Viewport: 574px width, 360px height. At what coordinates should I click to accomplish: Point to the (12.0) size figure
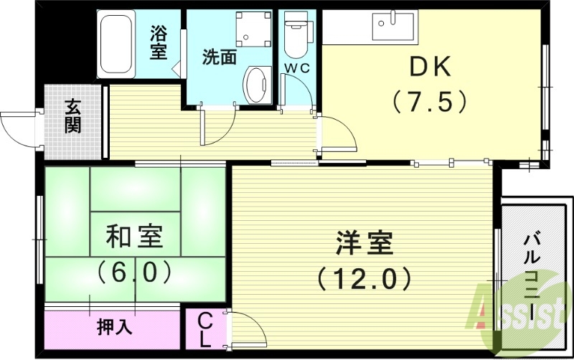364,277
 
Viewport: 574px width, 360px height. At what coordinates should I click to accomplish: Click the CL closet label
204,329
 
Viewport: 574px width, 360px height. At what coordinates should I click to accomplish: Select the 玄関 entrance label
72,116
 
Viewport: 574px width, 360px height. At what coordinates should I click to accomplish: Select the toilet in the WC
295,37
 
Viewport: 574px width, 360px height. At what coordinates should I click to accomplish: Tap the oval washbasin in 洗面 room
255,85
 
